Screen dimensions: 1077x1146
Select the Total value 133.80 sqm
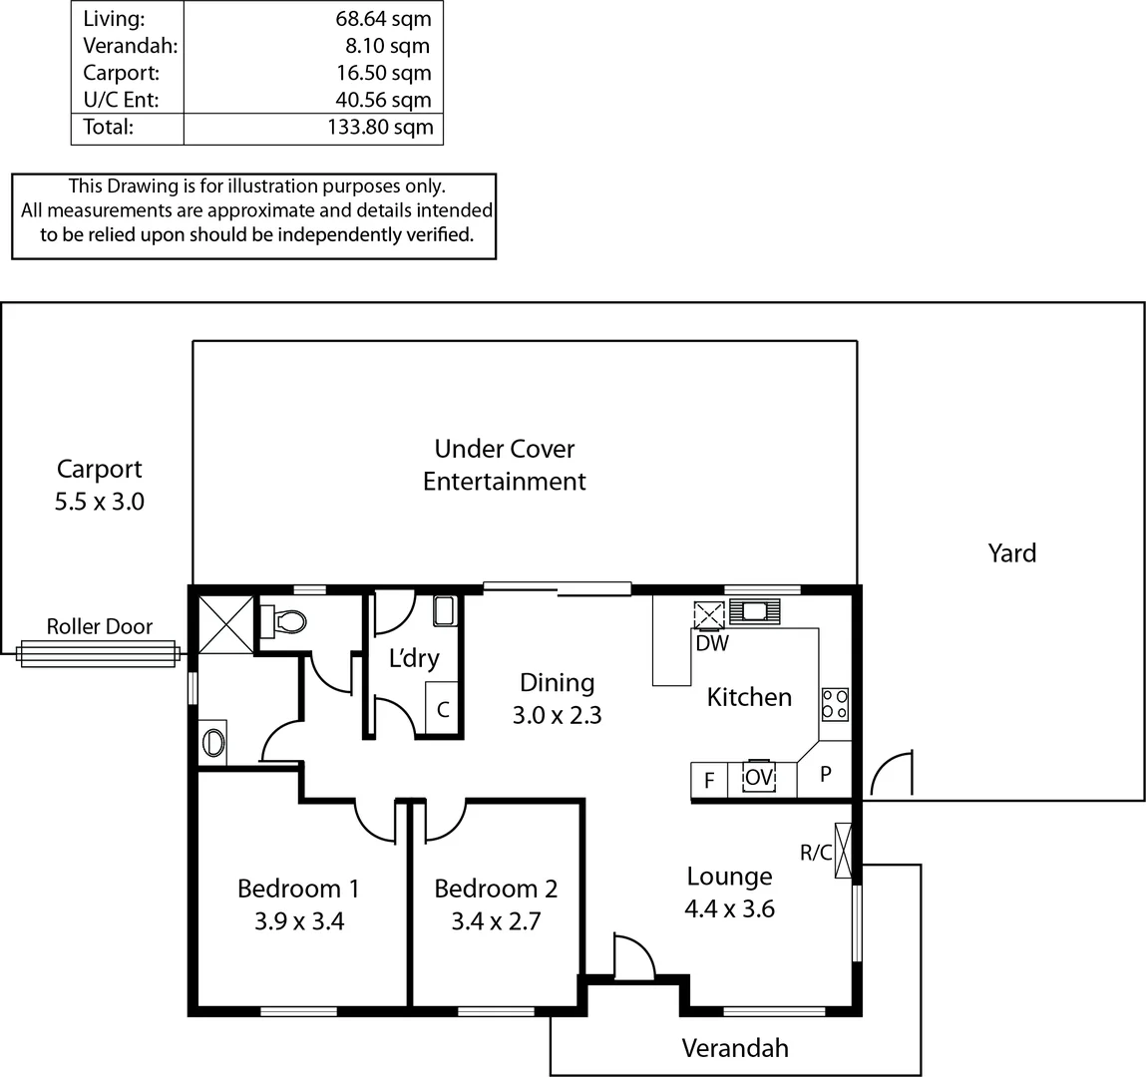click(x=380, y=127)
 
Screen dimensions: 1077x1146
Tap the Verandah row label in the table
click(x=130, y=46)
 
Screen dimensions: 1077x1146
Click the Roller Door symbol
click(x=98, y=653)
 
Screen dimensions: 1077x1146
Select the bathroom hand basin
click(x=213, y=742)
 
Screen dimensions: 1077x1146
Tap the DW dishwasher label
click(x=712, y=643)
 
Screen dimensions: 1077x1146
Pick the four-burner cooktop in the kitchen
click(x=835, y=704)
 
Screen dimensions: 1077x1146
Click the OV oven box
click(x=759, y=778)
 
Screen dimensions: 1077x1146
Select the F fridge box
click(x=709, y=780)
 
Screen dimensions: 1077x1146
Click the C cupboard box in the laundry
click(x=443, y=710)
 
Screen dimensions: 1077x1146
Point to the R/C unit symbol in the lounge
click(x=844, y=851)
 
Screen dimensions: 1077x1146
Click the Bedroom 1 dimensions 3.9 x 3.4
click(x=298, y=921)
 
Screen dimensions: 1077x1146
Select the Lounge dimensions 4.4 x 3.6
click(x=729, y=908)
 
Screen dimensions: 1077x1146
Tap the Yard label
click(x=1011, y=553)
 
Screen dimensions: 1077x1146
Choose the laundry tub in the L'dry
click(x=444, y=610)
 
